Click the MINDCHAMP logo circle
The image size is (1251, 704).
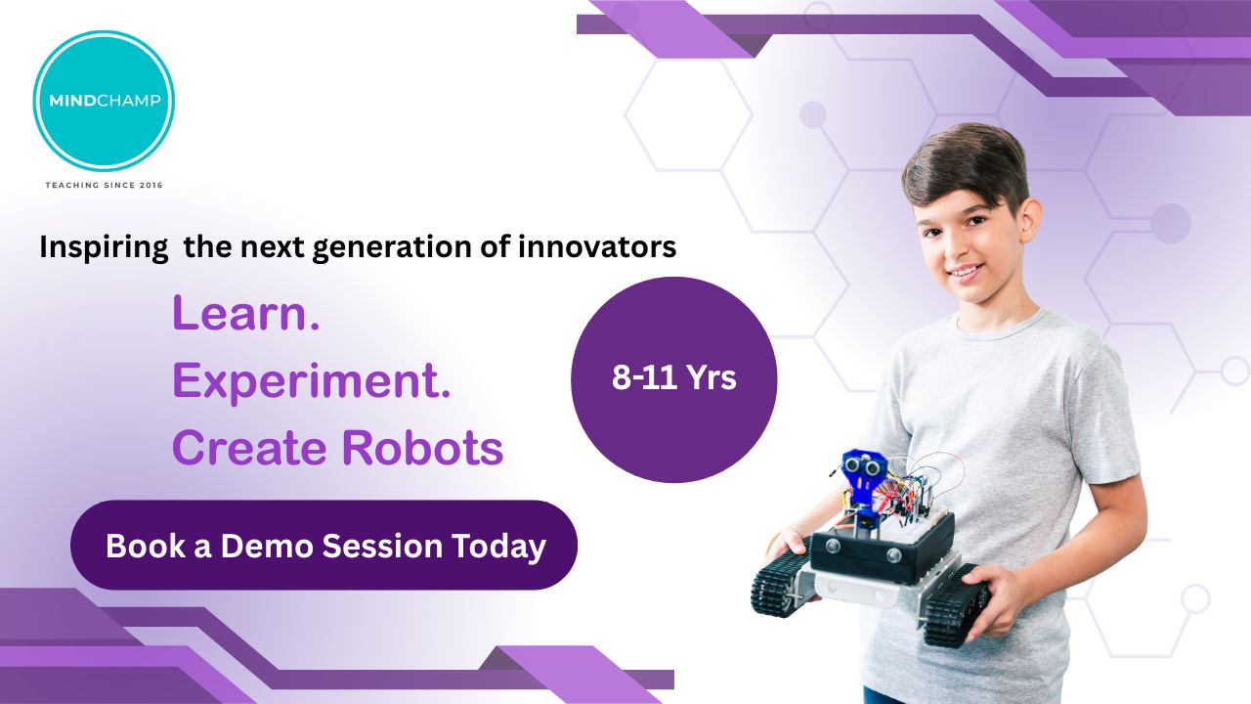click(104, 101)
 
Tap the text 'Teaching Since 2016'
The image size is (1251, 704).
click(104, 185)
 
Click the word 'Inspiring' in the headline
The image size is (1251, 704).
click(104, 247)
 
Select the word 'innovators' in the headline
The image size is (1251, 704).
click(597, 246)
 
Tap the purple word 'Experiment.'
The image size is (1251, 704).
click(312, 381)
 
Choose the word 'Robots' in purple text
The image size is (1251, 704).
click(422, 448)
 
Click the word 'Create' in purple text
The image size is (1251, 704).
click(249, 448)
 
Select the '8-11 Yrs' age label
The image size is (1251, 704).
click(674, 377)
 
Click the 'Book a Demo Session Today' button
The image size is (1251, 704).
click(324, 545)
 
